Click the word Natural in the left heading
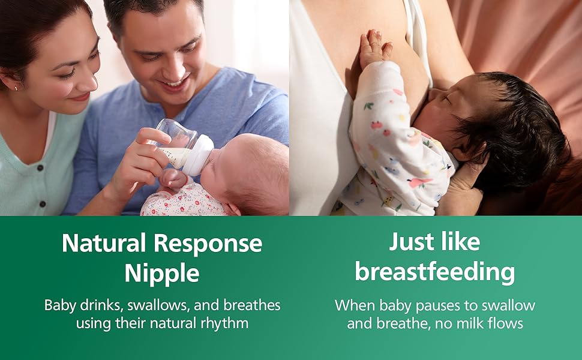point(104,244)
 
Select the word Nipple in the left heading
point(162,274)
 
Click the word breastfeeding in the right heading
point(435,272)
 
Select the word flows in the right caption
point(503,324)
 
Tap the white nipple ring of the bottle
point(202,154)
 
